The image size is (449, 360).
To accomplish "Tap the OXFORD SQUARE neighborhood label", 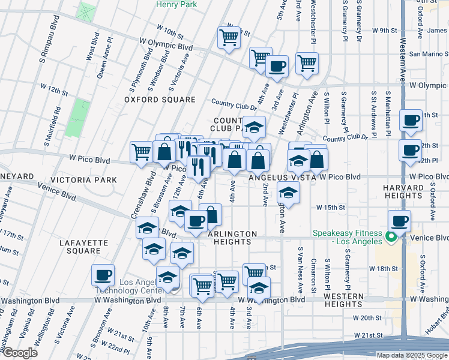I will (160, 100).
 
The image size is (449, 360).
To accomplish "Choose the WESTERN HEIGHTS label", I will (343, 300).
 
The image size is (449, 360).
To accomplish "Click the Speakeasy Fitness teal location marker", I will (391, 237).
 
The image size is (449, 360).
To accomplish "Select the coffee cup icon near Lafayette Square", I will (103, 275).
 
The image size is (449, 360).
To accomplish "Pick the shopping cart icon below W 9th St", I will (229, 37).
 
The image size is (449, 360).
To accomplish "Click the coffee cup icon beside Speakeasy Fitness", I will (400, 220).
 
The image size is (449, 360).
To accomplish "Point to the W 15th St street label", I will (331, 208).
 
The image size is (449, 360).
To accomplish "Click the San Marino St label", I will (428, 53).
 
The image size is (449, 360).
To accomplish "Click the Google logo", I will (20, 353).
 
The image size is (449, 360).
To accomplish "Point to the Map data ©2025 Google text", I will (411, 355).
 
